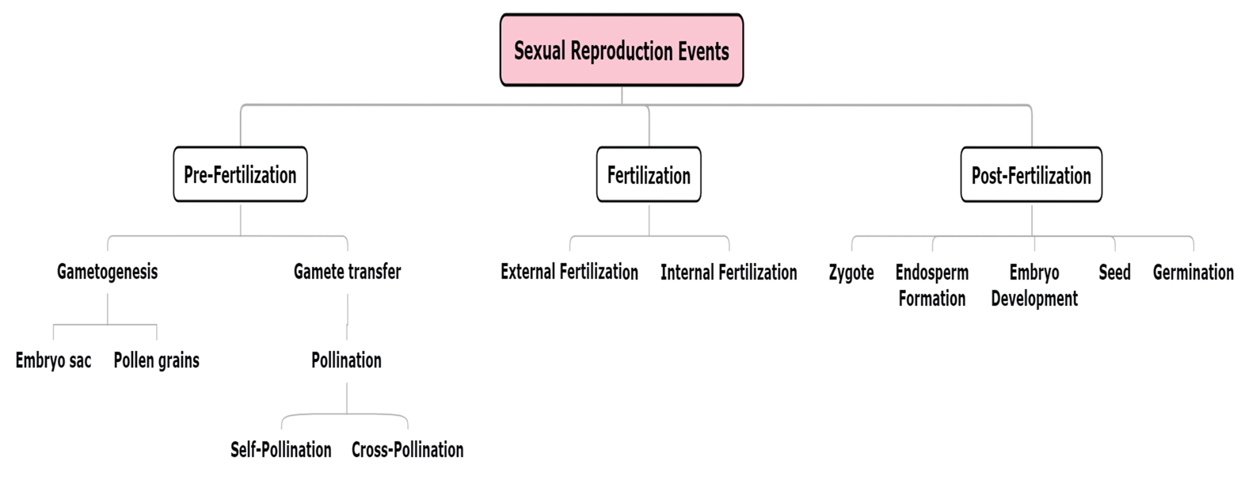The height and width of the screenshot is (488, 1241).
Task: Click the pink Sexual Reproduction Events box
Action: click(621, 50)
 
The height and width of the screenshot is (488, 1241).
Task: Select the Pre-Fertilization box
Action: click(240, 174)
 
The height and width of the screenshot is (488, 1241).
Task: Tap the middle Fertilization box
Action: click(649, 174)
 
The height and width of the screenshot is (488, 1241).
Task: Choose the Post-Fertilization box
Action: click(1031, 174)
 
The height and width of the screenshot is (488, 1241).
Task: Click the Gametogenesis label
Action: click(107, 272)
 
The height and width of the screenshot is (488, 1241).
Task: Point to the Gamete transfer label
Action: click(347, 272)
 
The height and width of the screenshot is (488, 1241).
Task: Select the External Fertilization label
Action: click(569, 272)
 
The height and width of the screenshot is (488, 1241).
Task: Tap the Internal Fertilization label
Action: click(729, 272)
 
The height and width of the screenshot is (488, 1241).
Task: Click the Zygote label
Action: click(852, 272)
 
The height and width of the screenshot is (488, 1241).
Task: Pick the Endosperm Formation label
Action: click(932, 285)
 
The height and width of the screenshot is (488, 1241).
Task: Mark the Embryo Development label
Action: click(1034, 285)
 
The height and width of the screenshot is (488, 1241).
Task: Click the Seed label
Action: click(1114, 272)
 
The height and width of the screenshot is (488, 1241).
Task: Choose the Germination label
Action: click(1193, 272)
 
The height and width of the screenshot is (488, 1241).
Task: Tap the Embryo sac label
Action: click(53, 360)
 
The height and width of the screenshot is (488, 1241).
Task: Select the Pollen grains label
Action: click(156, 360)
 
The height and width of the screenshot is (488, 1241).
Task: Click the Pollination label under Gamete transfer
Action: click(346, 360)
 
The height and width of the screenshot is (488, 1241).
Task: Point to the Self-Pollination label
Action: click(280, 449)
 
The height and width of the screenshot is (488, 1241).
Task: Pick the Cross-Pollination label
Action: click(407, 449)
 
